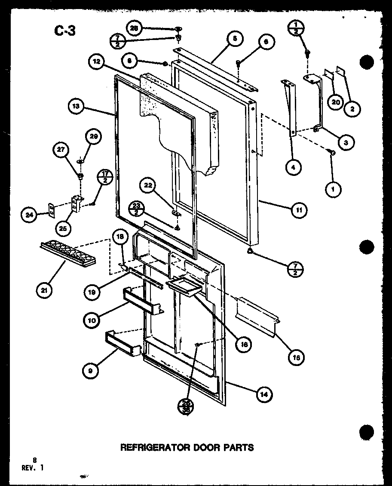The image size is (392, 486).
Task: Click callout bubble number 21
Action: click(44, 291)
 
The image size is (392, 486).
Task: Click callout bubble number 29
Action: click(92, 137)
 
